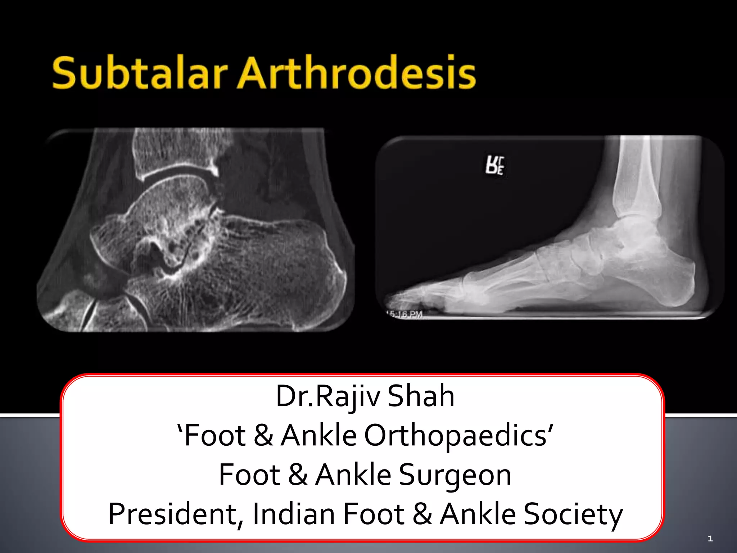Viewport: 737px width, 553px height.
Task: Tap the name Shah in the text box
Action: click(421, 396)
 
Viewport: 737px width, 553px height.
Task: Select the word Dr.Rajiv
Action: click(328, 396)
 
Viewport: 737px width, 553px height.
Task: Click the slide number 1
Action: click(710, 539)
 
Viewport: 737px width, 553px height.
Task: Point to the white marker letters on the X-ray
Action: click(495, 166)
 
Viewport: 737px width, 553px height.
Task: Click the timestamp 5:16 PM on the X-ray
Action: click(405, 314)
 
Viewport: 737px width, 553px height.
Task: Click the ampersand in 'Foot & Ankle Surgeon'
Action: click(298, 475)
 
